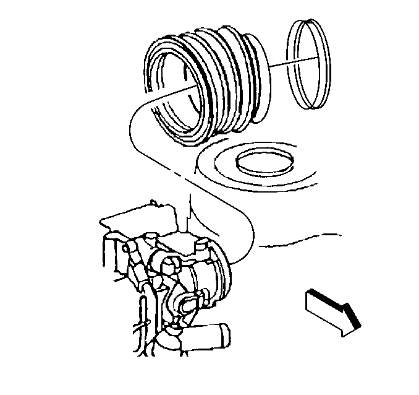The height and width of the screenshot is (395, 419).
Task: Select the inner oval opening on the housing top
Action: pyautogui.click(x=264, y=163)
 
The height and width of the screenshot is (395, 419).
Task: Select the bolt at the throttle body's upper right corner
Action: pyautogui.click(x=200, y=248)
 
